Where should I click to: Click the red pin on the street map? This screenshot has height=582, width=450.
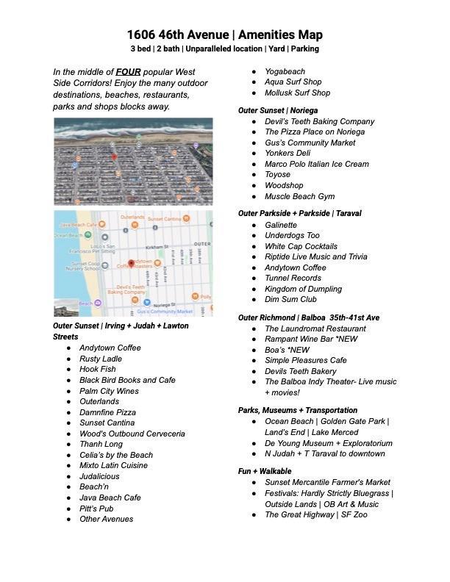(x=131, y=263)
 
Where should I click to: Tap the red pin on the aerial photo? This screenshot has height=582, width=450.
(x=114, y=157)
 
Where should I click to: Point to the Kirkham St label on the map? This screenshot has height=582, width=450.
(x=157, y=247)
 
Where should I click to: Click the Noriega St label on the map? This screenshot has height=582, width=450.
(x=163, y=303)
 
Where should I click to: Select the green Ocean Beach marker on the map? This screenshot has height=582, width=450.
(x=88, y=235)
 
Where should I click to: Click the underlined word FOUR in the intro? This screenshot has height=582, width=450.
(x=128, y=72)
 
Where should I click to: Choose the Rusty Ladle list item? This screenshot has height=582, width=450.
(x=101, y=359)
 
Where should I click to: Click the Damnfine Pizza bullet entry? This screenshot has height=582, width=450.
(x=107, y=412)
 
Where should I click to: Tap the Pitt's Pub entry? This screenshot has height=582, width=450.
(x=96, y=509)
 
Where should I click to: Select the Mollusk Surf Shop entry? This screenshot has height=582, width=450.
(x=297, y=93)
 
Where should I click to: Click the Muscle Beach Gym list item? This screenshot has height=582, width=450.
(x=299, y=196)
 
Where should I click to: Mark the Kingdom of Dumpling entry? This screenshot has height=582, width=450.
(x=303, y=289)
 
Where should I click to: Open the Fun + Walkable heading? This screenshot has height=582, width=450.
(x=265, y=471)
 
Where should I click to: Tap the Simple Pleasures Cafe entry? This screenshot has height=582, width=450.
(x=305, y=360)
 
